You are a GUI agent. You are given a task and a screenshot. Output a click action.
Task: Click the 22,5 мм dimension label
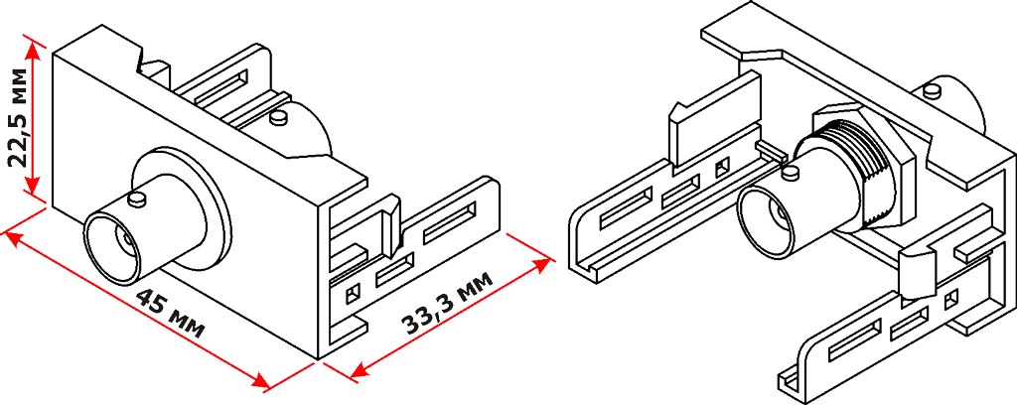pos(19,116)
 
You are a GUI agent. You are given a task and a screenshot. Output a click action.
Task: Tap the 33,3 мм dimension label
pos(447,307)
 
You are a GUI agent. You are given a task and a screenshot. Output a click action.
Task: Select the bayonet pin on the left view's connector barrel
pos(138,200)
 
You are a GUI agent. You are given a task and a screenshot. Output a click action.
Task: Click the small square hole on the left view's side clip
pos(351,293)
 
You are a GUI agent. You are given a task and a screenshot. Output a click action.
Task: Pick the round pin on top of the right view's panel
pos(934,90)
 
